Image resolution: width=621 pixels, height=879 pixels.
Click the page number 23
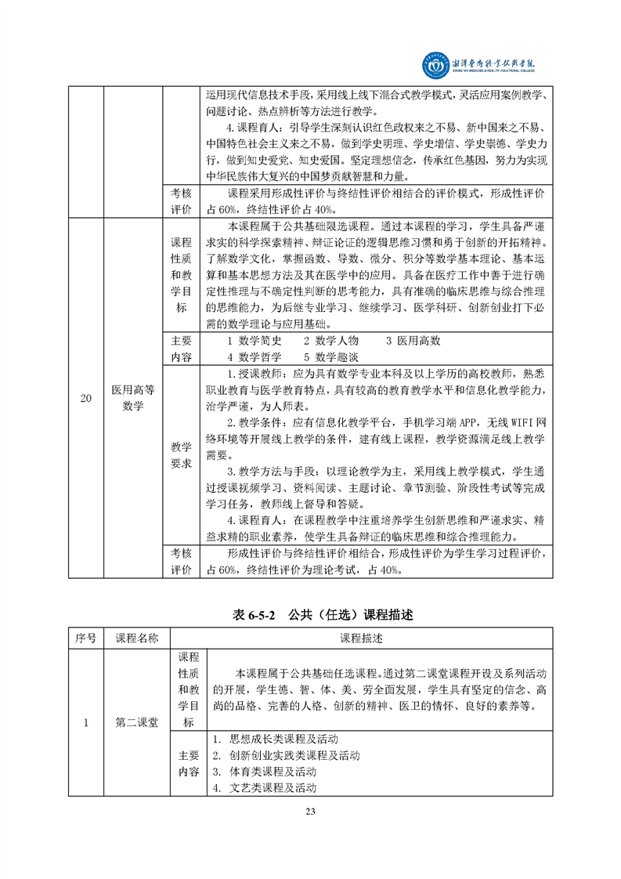pyautogui.click(x=310, y=812)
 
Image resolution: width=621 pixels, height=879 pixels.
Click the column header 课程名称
pyautogui.click(x=137, y=638)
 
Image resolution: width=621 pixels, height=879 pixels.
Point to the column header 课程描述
pyautogui.click(x=362, y=638)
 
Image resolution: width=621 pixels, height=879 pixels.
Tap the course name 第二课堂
pyautogui.click(x=137, y=722)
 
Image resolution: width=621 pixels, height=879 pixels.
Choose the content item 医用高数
pyautogui.click(x=413, y=341)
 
